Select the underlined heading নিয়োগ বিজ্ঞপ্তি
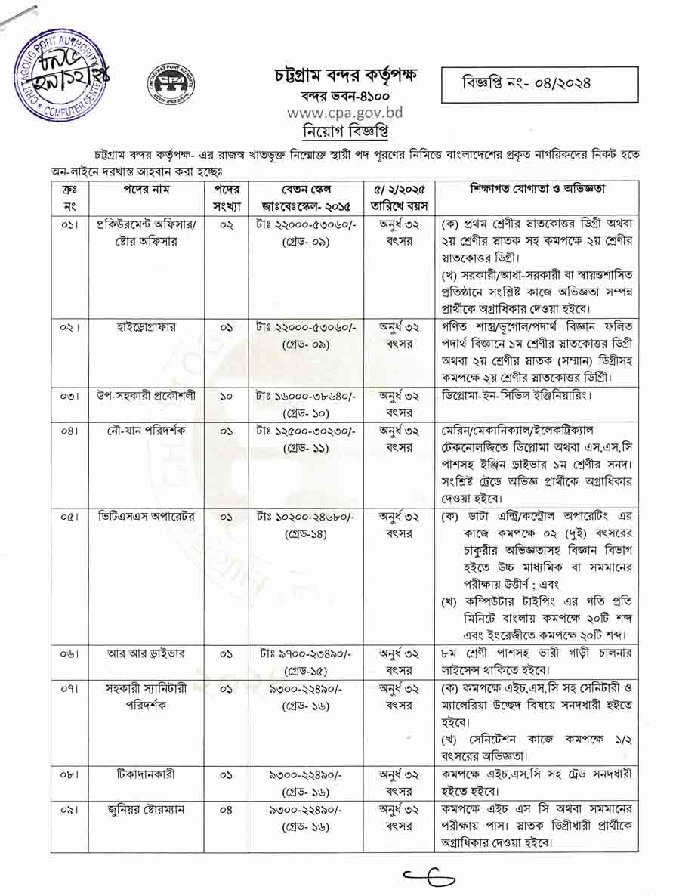point(345,130)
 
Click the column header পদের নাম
point(146,190)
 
